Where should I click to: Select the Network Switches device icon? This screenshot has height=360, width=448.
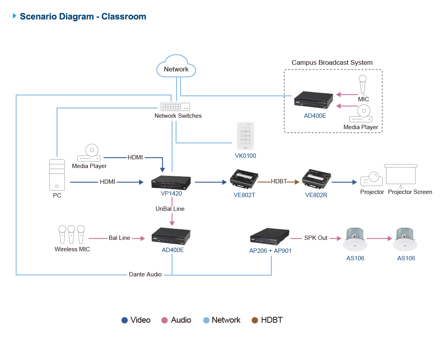tap(175, 106)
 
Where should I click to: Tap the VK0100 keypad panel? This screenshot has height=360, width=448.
tap(246, 136)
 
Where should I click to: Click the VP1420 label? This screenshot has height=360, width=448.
tap(172, 194)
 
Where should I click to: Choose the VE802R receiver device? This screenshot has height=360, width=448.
tap(316, 179)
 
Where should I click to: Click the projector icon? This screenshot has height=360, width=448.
tap(371, 180)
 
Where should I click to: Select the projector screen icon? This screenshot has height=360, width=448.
tap(400, 175)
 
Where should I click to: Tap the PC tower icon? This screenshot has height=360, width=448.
tap(57, 175)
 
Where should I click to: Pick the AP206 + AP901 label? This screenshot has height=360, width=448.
tap(270, 250)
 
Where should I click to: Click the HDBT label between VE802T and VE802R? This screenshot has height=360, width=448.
tap(279, 181)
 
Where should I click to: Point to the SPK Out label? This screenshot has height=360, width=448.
tap(316, 238)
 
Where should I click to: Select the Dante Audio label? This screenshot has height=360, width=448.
tap(145, 274)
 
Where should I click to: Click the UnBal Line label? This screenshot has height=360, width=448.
tap(170, 209)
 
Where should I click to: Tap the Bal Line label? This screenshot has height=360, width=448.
tap(119, 238)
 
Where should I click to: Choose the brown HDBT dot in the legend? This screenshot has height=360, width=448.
tap(255, 320)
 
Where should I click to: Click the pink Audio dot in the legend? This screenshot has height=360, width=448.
tap(165, 320)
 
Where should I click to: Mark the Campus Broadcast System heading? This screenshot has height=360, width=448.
tap(332, 63)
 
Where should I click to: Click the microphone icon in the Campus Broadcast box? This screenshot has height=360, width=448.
tap(363, 85)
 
